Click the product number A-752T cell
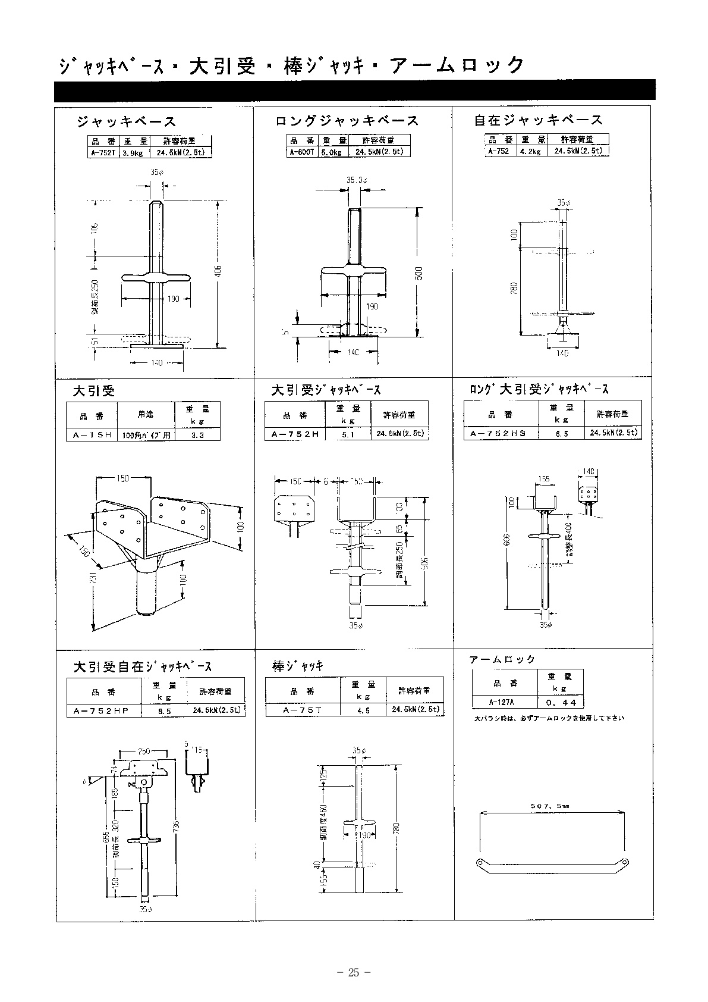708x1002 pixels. pyautogui.click(x=103, y=153)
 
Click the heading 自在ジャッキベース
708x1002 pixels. pyautogui.click(x=538, y=121)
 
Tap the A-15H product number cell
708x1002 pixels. pyautogui.click(x=92, y=435)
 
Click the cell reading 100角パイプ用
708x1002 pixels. pyautogui.click(x=146, y=435)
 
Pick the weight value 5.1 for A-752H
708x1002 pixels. pyautogui.click(x=348, y=434)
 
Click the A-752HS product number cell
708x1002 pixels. pyautogui.click(x=498, y=434)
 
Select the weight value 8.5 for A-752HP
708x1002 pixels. pyautogui.click(x=165, y=711)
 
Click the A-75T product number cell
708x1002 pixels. pyautogui.click(x=303, y=710)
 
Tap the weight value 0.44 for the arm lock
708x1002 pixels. pyautogui.click(x=559, y=702)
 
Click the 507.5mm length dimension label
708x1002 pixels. pyautogui.click(x=550, y=806)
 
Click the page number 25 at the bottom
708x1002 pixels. pyautogui.click(x=354, y=973)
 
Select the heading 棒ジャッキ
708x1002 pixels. pyautogui.click(x=298, y=667)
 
